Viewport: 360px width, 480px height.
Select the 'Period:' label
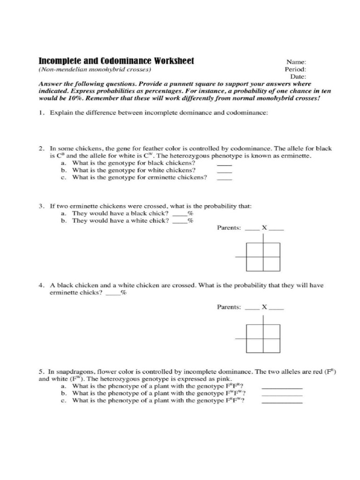295,69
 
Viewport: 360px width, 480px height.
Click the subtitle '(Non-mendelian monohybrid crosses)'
95,69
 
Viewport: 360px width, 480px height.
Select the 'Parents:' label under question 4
229,307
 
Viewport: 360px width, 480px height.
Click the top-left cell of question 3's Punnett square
255,250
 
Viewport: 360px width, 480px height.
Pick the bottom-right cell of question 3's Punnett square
271,263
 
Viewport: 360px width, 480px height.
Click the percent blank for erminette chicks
113,294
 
